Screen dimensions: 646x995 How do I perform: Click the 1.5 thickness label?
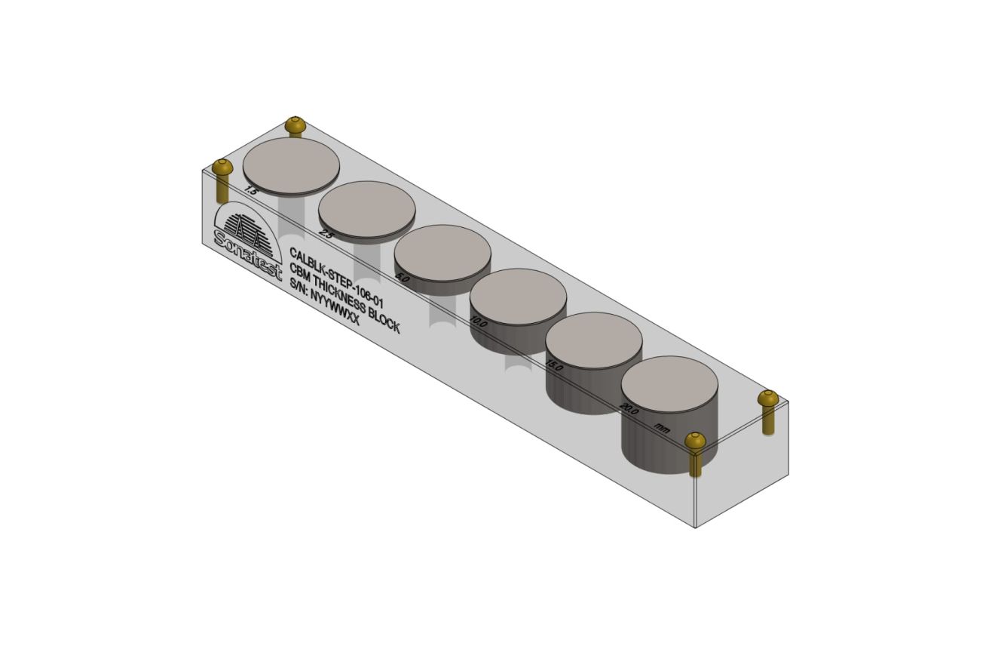(251, 191)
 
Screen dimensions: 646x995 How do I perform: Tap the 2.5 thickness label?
(326, 234)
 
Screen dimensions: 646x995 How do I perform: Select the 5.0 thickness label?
(403, 278)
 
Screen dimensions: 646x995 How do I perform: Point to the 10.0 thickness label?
(478, 322)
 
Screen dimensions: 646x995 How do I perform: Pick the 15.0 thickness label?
(554, 366)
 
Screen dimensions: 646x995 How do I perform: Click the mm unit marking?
(662, 429)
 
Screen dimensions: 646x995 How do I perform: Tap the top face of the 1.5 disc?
(292, 164)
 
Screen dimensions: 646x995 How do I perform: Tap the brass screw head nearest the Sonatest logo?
(221, 167)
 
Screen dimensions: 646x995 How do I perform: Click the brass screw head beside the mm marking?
(694, 440)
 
